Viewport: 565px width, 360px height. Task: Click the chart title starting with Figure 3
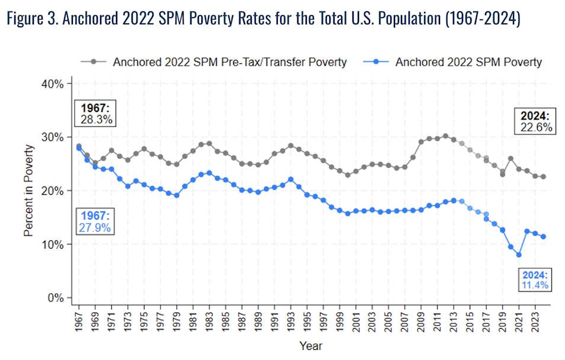point(263,20)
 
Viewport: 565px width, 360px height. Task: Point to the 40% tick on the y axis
point(53,83)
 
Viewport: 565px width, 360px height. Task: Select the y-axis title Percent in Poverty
point(28,191)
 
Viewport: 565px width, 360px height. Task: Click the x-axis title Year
point(310,346)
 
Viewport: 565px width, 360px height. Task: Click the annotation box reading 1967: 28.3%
point(96,114)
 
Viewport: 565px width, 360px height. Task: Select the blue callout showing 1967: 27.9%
point(95,221)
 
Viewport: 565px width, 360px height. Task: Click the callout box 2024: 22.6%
point(536,121)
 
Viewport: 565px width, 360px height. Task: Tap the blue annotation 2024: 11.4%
point(535,280)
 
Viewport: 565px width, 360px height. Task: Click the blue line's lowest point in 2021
point(518,255)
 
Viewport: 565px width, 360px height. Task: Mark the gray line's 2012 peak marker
point(445,136)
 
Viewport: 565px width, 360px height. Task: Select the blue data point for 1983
point(209,173)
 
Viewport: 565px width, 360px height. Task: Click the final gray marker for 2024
point(543,176)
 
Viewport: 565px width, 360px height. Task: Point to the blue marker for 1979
point(176,195)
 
